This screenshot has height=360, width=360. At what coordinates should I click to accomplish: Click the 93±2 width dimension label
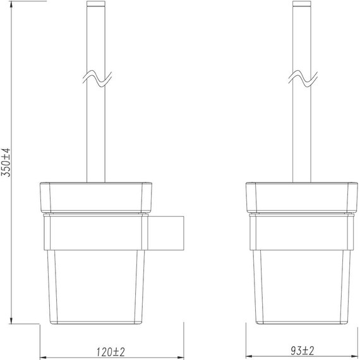coord(300,349)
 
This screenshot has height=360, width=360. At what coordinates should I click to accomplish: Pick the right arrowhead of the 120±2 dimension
coord(181,356)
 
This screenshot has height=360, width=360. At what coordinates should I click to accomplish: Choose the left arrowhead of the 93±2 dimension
coord(248,356)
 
